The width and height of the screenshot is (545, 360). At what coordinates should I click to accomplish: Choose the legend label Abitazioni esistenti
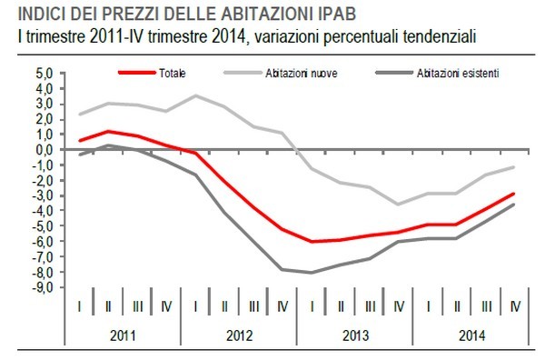457,72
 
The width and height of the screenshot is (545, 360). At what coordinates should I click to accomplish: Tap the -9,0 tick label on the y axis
43,287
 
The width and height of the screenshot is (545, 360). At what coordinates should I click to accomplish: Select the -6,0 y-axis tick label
43,241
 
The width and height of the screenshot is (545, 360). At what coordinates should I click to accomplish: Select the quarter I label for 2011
81,307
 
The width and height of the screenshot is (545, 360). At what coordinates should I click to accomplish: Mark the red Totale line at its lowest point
312,242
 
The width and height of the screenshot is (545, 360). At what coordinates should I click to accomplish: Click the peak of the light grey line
195,95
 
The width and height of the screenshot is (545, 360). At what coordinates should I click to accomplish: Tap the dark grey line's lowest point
312,273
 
